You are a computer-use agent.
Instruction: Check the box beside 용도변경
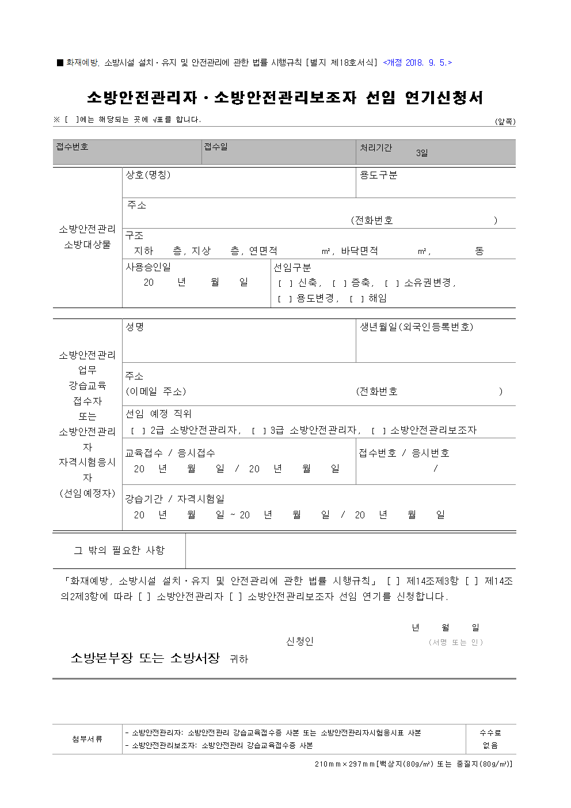pyautogui.click(x=284, y=299)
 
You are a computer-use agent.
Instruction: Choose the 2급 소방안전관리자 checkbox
pyautogui.click(x=138, y=431)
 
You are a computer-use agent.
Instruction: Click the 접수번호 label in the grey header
pyautogui.click(x=72, y=147)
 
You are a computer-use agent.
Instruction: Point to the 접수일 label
pyautogui.click(x=216, y=147)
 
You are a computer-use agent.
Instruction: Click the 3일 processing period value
pyautogui.click(x=422, y=153)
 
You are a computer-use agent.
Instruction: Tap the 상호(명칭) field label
pyautogui.click(x=148, y=175)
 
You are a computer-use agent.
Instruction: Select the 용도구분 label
pyautogui.click(x=378, y=175)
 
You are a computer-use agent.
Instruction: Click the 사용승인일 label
pyautogui.click(x=148, y=267)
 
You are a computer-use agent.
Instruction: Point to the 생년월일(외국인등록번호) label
pyautogui.click(x=416, y=327)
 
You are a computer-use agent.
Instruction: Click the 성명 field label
pyautogui.click(x=135, y=327)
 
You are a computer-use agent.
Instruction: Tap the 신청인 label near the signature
pyautogui.click(x=300, y=642)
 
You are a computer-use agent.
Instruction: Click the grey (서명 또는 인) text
pyautogui.click(x=455, y=642)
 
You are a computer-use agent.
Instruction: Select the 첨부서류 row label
pyautogui.click(x=87, y=739)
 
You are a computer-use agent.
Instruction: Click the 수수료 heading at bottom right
pyautogui.click(x=490, y=733)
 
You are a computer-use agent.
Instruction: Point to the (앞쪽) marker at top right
pyautogui.click(x=505, y=122)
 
